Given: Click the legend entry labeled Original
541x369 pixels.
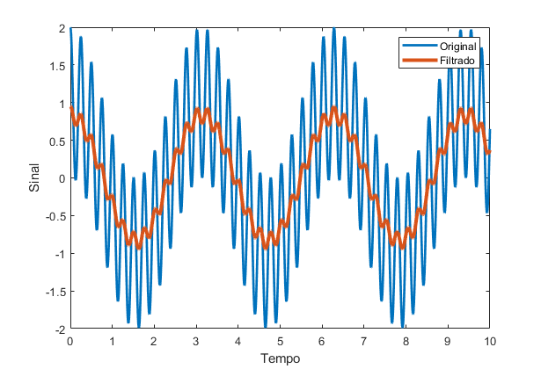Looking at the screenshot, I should coord(458,47).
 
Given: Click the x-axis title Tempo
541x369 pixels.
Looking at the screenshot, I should coord(280,358).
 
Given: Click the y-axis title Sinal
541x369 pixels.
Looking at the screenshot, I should coord(35,178).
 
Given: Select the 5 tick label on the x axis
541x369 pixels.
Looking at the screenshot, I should coord(280,341).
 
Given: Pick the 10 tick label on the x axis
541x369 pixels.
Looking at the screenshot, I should coord(490,341).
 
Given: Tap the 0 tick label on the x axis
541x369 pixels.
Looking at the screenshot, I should coord(70,341).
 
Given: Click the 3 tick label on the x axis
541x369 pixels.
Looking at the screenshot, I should coord(196,341).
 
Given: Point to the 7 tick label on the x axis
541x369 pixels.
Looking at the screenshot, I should coord(364,341).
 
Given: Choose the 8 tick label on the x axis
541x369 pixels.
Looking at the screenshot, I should coord(406,341).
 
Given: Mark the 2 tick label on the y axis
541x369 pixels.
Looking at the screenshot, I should coord(62,29).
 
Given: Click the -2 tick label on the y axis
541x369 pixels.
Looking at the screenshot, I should coord(60,329).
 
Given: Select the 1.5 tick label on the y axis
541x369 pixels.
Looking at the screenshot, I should coord(58,66).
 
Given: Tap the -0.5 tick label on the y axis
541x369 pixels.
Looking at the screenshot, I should coord(56,216).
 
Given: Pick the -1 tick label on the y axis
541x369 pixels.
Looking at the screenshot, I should coord(60,254).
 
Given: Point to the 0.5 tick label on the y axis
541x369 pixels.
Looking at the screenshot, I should coord(58,141).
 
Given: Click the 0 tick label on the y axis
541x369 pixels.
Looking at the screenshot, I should coord(62,178).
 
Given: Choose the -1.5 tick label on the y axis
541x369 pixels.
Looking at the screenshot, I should coord(56,291).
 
